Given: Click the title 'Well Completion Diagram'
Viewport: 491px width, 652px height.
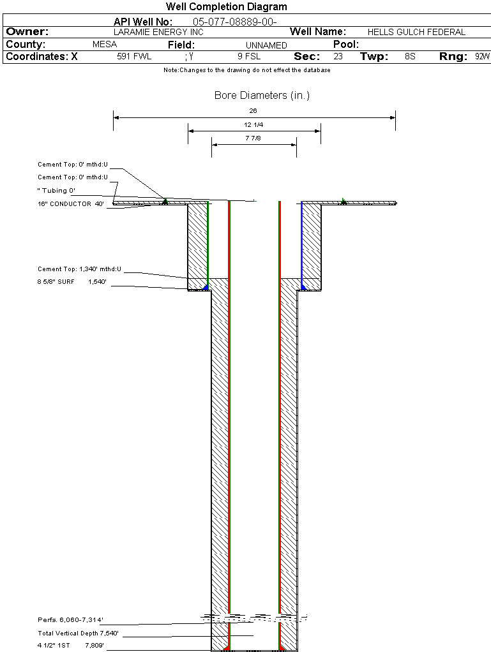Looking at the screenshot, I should click(x=226, y=7).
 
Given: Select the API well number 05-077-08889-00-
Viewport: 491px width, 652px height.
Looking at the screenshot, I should click(x=234, y=22).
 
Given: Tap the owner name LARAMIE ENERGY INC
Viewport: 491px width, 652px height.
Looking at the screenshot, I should click(x=158, y=32).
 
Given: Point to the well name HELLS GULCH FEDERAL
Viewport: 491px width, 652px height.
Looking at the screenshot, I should click(x=416, y=32).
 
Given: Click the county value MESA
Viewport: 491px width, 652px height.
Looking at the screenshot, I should click(x=104, y=45).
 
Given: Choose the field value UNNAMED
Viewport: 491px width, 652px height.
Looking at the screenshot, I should click(x=266, y=45).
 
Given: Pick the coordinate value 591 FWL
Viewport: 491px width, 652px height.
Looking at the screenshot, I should click(x=134, y=57).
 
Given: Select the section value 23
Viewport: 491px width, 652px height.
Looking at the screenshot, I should click(x=338, y=57).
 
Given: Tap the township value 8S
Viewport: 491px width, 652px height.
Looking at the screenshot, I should click(x=410, y=57).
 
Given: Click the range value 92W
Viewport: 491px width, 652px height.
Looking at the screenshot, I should click(x=482, y=57).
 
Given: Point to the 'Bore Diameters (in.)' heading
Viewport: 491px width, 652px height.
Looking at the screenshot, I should click(x=262, y=96).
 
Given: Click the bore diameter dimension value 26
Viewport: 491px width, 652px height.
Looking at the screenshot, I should click(x=253, y=111).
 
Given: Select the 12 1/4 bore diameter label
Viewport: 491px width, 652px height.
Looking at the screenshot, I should click(x=253, y=124).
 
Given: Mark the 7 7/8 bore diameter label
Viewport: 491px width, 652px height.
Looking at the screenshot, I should click(x=253, y=138).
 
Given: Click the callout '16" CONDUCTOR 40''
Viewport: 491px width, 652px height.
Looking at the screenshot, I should click(x=70, y=204).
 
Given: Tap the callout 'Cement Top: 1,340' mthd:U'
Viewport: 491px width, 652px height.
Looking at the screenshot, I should click(x=79, y=269).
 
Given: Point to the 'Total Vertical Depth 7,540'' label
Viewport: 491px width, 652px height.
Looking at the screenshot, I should click(x=78, y=633).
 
